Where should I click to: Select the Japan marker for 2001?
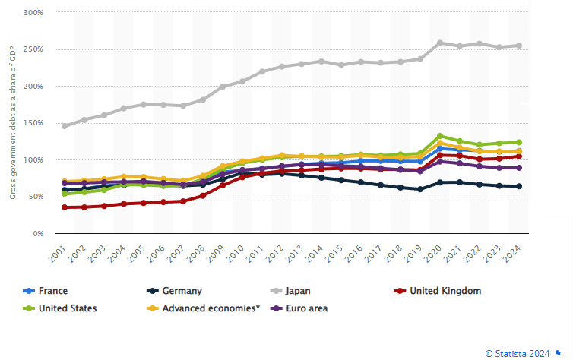(65, 126)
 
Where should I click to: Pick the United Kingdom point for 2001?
(65, 207)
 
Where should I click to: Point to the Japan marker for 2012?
(282, 67)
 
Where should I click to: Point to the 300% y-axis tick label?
(33, 14)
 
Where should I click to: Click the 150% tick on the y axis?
(33, 123)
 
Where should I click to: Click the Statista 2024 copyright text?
(521, 353)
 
